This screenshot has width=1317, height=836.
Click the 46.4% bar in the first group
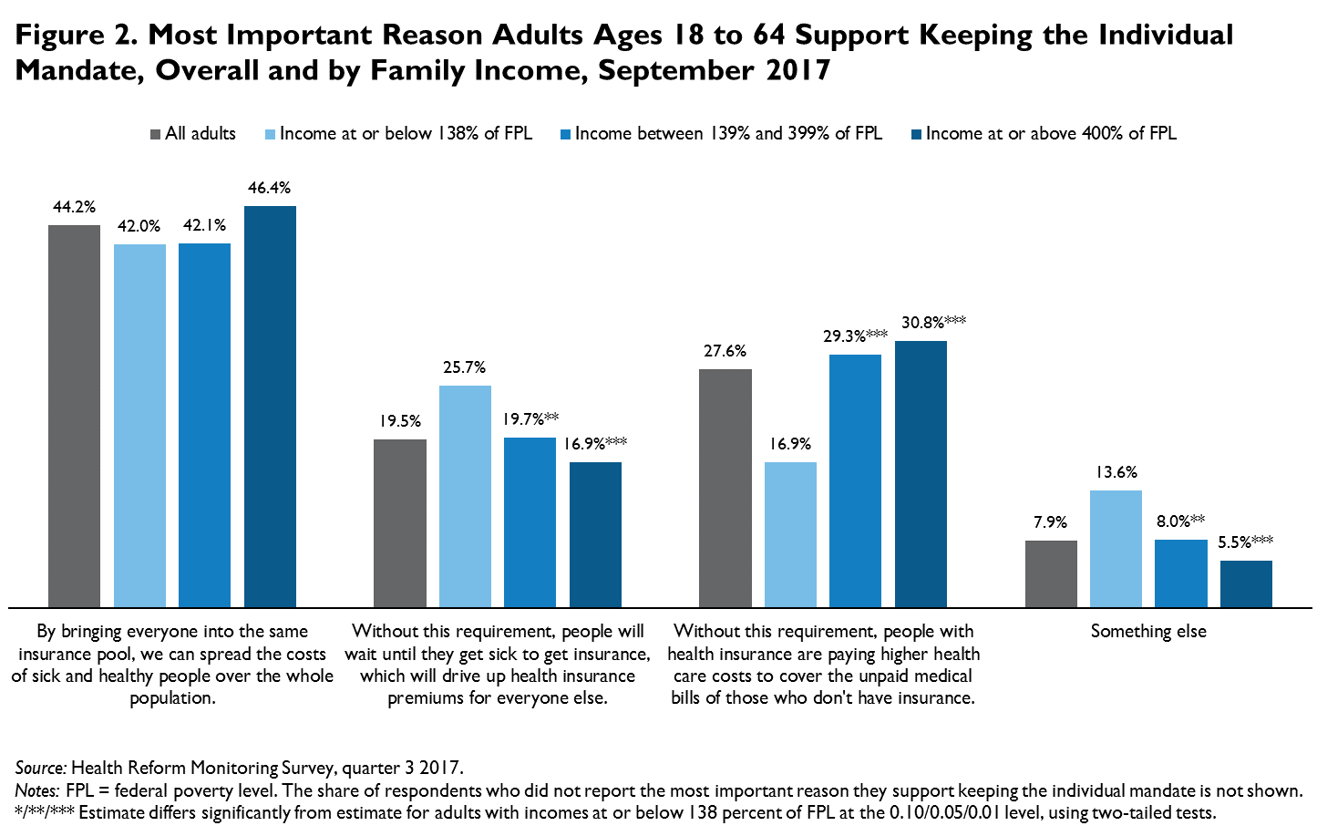pos(270,406)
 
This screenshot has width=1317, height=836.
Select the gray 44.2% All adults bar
pos(74,416)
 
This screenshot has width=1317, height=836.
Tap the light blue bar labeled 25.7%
pos(465,496)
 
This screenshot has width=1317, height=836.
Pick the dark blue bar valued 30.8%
pos(921,474)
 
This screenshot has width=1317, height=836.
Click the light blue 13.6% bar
pos(1116,549)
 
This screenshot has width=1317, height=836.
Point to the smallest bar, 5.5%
pos(1246,583)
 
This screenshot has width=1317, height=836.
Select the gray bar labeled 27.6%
pos(725,488)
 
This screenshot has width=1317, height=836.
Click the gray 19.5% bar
pos(400,523)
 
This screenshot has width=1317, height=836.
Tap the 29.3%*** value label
pos(855,336)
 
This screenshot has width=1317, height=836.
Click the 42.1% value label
pos(204,225)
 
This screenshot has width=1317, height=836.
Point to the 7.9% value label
pos(1050,522)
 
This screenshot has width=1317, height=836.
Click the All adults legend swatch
pos(156,134)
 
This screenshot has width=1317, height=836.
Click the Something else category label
pos(1148,631)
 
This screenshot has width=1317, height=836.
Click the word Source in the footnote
pos(40,768)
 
